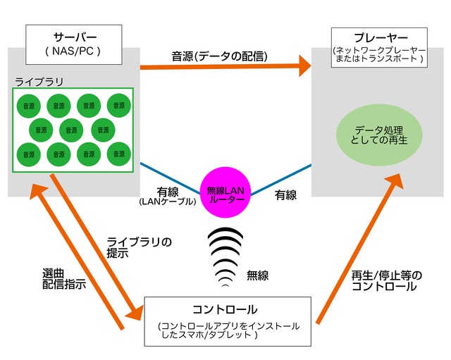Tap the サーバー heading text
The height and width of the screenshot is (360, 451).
[x=73, y=37]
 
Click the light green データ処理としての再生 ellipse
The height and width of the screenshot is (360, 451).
[x=378, y=135]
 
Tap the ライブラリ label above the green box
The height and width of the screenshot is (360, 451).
[x=39, y=82]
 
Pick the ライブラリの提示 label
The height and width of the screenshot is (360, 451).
[x=139, y=248]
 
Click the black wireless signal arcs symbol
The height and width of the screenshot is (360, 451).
[x=225, y=257]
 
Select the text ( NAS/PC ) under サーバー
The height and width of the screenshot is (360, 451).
[x=73, y=51]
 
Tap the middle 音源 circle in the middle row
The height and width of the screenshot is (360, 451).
[x=71, y=129]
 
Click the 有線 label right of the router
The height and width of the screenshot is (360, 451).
[x=285, y=194]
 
